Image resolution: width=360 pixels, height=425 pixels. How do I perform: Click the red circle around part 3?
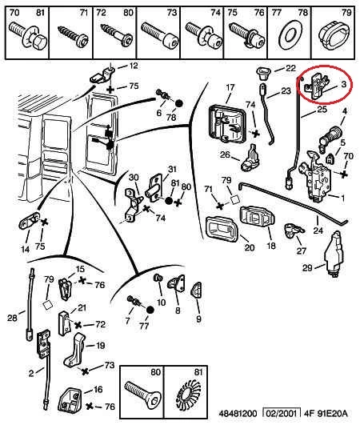click(x=325, y=67)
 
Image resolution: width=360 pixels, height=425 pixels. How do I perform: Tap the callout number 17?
click(x=230, y=87)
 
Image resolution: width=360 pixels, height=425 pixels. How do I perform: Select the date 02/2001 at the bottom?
click(x=281, y=414)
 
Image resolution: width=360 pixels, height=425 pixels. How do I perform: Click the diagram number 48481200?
click(x=238, y=414)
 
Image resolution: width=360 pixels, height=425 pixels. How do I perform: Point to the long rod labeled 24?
click(x=293, y=202)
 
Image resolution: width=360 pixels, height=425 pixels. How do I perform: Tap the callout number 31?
click(x=172, y=169)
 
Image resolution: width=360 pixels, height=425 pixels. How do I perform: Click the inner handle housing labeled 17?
click(x=226, y=124)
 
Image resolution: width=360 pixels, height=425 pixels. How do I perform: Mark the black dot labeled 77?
click(x=150, y=310)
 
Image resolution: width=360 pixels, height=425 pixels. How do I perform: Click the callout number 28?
click(x=12, y=318)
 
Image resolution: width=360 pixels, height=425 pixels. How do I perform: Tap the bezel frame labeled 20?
click(x=222, y=230)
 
